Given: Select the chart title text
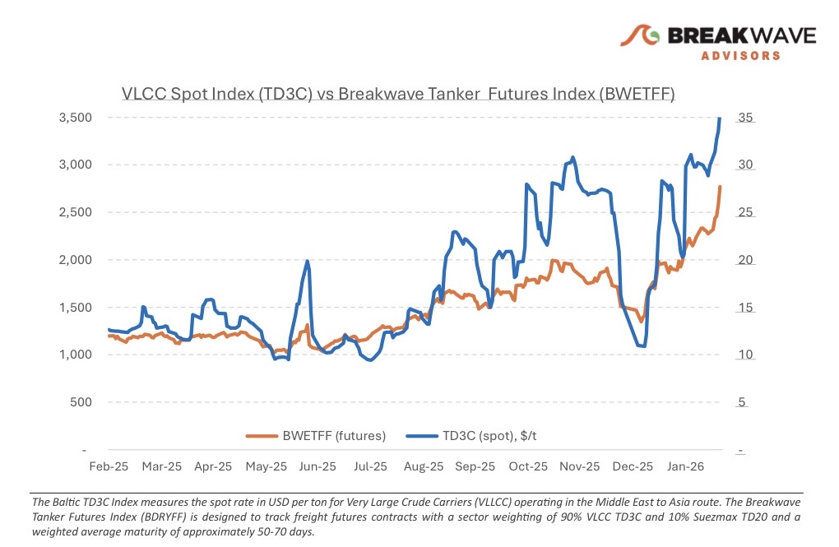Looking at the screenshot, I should point(398,94).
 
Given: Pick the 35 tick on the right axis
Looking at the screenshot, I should point(744,118).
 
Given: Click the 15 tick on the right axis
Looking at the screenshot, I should point(744,308).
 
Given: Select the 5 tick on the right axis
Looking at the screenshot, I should point(741,402).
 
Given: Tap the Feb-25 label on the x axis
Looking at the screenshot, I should point(109,466).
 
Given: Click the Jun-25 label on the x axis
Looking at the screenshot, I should point(318,466).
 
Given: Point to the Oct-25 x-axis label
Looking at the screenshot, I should point(528,466).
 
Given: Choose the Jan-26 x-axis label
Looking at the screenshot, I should point(685,466).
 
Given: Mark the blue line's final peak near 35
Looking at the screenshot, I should point(720,118).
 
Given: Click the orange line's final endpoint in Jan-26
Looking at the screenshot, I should point(720,188).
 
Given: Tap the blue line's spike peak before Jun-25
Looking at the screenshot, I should point(307,262).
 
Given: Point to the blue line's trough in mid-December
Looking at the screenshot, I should point(643,346).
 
